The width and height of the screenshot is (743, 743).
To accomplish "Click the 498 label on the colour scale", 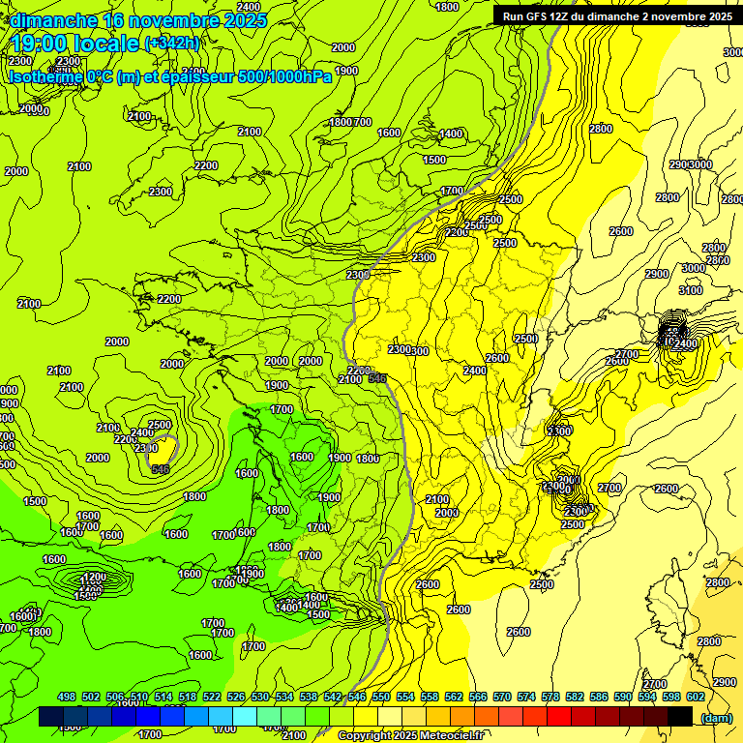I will (67, 697).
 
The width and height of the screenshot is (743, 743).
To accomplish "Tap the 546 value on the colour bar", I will (357, 697).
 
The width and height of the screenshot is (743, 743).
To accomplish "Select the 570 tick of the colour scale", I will (502, 697).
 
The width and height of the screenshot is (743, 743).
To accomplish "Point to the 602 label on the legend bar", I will (696, 697).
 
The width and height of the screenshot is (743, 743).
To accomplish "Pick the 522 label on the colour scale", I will (212, 697).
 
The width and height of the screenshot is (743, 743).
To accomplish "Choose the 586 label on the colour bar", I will (599, 697).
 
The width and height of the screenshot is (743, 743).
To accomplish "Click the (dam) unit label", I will (717, 717).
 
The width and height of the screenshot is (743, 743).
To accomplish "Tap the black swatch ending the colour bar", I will (680, 717).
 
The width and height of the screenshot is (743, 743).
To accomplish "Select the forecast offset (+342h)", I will (172, 44).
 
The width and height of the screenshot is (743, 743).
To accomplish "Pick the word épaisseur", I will (194, 76).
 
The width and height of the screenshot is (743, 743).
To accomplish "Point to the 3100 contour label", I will (691, 290).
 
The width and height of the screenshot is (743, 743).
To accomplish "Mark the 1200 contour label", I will (94, 577).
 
